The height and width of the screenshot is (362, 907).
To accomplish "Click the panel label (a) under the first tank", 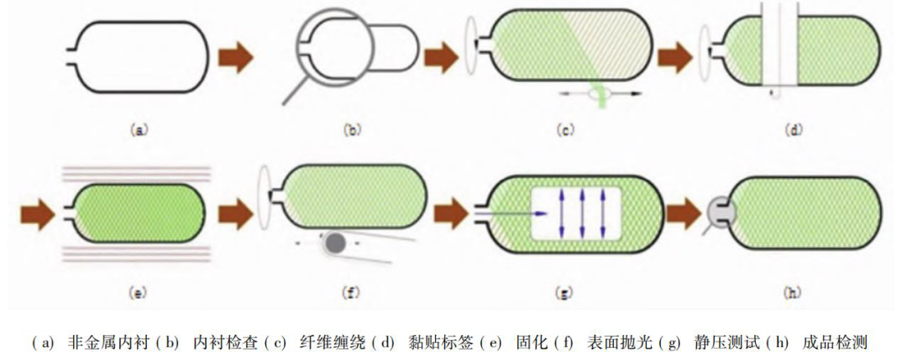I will (x=139, y=130).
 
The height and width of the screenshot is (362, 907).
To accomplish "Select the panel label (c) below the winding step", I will (x=564, y=130).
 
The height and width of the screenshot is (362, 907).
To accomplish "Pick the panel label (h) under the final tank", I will (x=791, y=292).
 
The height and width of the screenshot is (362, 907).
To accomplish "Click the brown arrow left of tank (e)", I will (x=37, y=212).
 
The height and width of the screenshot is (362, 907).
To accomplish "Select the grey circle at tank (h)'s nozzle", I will (x=719, y=212).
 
